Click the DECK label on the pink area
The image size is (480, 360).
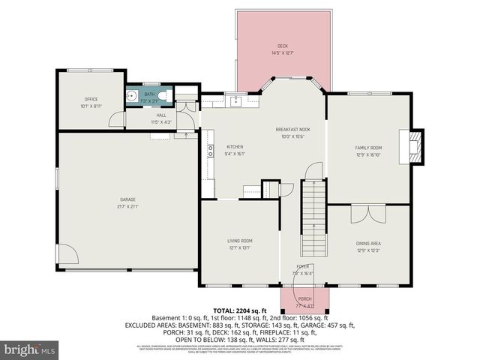click(282, 46)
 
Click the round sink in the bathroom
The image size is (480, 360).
click(132, 96)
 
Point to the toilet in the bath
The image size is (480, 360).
click(169, 94)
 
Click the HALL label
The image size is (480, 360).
click(160, 115)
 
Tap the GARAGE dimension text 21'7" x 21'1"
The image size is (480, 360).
click(128, 206)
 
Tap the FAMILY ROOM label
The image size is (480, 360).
click(368, 148)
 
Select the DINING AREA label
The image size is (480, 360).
click(368, 243)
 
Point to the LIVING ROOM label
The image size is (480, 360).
click(240, 241)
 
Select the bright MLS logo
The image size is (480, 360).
click(30, 349)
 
